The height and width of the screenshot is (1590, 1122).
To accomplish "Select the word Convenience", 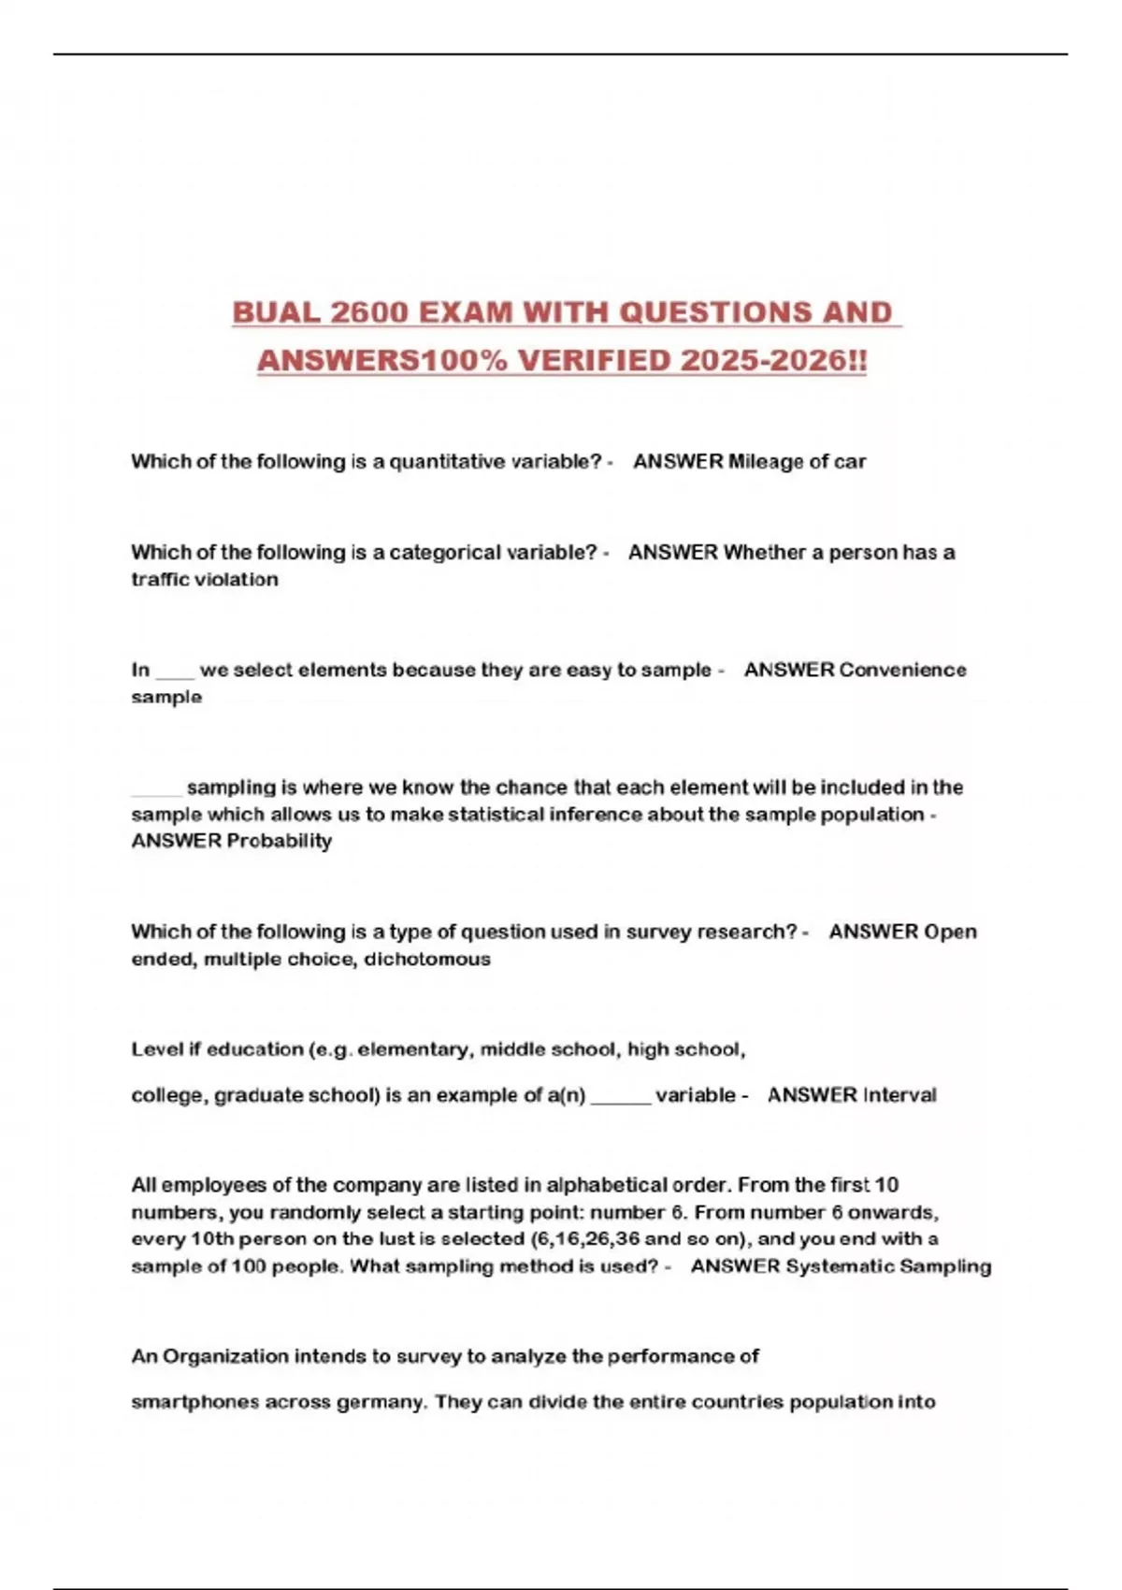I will (x=902, y=671).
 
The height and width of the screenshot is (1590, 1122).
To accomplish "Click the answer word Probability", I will (x=279, y=842).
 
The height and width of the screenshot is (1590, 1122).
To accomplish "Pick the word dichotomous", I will (x=426, y=960).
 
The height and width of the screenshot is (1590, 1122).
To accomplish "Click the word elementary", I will (x=413, y=1050).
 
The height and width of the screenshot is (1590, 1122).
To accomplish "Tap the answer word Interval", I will (x=899, y=1096).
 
